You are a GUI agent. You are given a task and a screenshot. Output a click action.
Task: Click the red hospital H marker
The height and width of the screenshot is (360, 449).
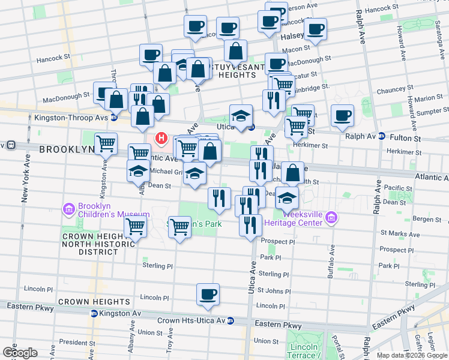pyautogui.click(x=161, y=139)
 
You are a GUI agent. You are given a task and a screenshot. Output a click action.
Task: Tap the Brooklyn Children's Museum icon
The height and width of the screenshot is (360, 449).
pyautogui.click(x=68, y=209)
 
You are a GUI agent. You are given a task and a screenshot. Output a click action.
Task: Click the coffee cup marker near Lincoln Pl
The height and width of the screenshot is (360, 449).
pyautogui.click(x=208, y=294)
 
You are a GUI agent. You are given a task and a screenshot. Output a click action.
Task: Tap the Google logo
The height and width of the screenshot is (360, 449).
pyautogui.click(x=19, y=353)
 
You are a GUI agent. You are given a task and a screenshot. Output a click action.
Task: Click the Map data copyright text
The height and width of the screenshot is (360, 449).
pyautogui.click(x=412, y=355)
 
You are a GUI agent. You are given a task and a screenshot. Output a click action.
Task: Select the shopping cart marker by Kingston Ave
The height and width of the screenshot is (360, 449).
pyautogui.click(x=106, y=144)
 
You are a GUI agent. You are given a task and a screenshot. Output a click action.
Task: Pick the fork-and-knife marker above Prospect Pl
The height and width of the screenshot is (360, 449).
pyautogui.click(x=250, y=225)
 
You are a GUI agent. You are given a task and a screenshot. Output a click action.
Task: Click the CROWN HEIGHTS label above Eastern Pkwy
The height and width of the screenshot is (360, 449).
pyautogui.click(x=94, y=301)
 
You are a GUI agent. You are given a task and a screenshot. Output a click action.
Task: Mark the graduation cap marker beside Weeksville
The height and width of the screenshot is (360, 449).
pyautogui.click(x=288, y=197)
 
